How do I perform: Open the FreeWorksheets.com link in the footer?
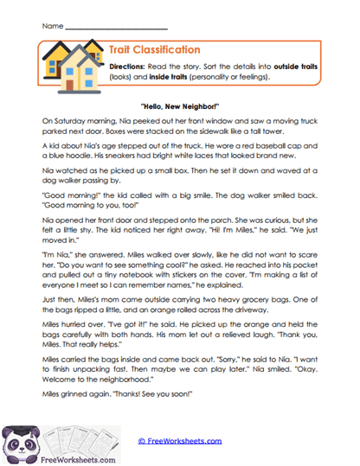181,441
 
